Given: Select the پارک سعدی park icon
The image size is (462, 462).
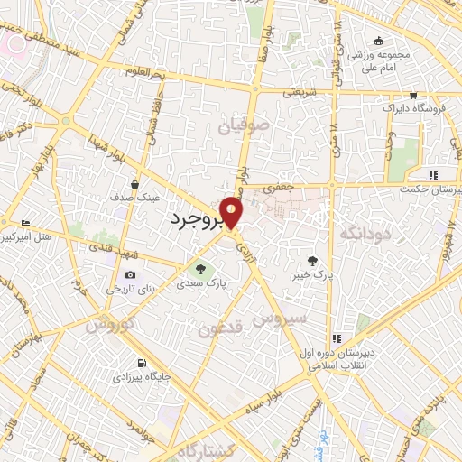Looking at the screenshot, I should [x=200, y=268].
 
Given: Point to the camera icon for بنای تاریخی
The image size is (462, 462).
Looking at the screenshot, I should [x=131, y=275].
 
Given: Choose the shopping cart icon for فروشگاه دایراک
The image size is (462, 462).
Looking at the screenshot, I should [x=412, y=95].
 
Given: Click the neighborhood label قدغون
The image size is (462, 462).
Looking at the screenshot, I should [x=220, y=330].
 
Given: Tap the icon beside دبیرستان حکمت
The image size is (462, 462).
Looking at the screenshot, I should [x=433, y=174].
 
